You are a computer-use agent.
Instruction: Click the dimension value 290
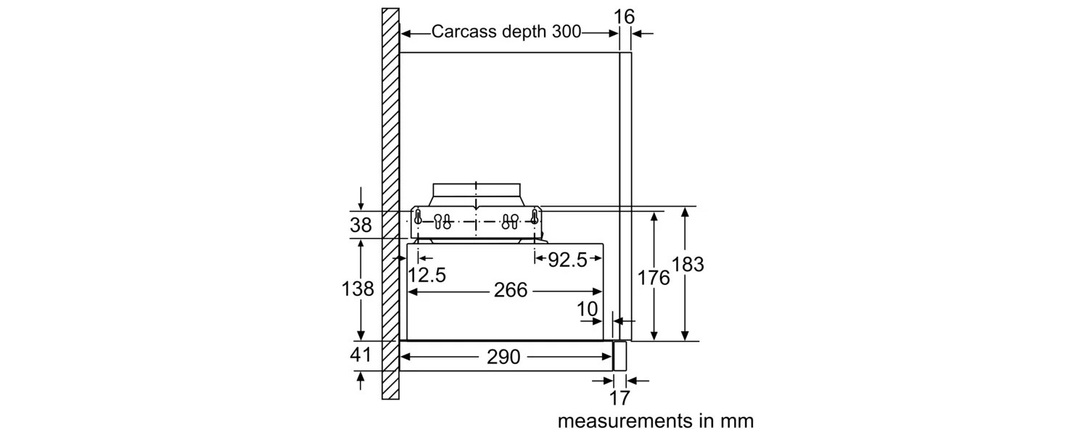(504, 357)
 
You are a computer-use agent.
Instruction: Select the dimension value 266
(511, 291)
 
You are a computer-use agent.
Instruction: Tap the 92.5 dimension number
(567, 260)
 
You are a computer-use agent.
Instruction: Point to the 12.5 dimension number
(426, 275)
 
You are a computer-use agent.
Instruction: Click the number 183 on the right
(688, 265)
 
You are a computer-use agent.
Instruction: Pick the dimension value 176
(654, 277)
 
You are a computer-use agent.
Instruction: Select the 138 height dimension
(358, 289)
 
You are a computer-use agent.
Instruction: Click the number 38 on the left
(360, 225)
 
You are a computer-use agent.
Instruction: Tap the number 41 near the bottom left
(360, 355)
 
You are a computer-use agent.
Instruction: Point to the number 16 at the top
(624, 17)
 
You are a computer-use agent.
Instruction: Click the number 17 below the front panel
(619, 397)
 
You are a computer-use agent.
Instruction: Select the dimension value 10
(588, 310)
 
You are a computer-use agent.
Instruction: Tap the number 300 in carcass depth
(566, 32)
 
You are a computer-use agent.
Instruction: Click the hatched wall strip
(390, 203)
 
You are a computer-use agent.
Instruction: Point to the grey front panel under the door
(619, 356)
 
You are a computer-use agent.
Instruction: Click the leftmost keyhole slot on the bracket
(418, 215)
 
